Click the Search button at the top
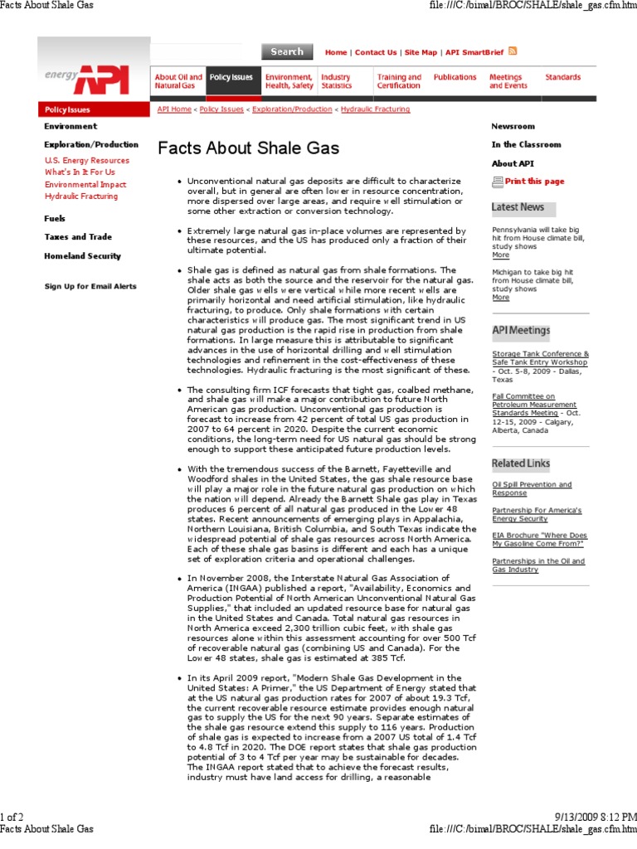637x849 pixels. tap(287, 51)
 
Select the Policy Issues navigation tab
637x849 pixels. tap(231, 77)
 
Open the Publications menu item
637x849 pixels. tap(455, 77)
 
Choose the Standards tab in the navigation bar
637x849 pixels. tap(562, 77)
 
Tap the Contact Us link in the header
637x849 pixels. tap(376, 52)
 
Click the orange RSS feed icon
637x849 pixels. tap(513, 51)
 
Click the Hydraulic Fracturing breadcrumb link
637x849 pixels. tap(375, 109)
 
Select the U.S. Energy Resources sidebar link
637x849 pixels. tap(87, 160)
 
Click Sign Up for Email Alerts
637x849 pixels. tap(90, 286)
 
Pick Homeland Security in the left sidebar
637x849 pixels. tap(82, 256)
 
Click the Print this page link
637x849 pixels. tap(533, 181)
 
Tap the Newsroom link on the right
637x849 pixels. tap(513, 126)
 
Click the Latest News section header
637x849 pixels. tap(518, 207)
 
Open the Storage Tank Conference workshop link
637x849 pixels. tap(540, 357)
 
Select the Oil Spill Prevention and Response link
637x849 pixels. tap(532, 488)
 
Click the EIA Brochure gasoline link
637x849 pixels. tap(538, 540)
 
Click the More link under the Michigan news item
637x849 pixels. tap(500, 297)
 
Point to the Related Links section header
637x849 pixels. tap(520, 463)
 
